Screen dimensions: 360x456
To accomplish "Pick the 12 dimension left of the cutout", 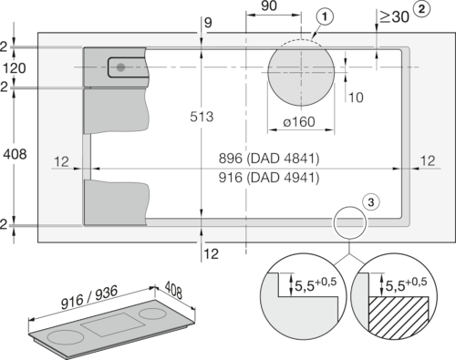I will pos(62,161).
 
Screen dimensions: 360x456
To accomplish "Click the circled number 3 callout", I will pos(369,202).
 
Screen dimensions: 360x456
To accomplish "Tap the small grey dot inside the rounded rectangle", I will pos(122,67).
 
